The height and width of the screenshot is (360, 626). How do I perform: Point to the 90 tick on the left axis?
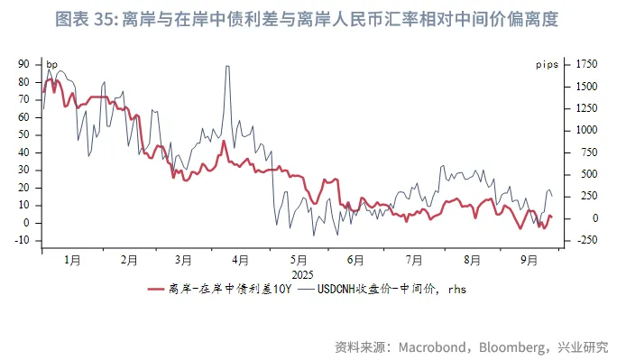click(24, 64)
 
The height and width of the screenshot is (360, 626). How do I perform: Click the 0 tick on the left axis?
click(28, 223)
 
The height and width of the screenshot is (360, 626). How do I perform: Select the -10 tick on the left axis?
click(23, 241)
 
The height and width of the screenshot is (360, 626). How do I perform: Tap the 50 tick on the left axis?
click(24, 134)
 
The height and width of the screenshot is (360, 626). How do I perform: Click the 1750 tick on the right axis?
click(587, 64)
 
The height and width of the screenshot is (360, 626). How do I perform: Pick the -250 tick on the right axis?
click(587, 241)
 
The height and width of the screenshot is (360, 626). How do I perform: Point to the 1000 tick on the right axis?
click(587, 130)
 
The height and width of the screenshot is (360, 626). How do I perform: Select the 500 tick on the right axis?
click(589, 174)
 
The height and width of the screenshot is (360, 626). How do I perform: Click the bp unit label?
click(51, 65)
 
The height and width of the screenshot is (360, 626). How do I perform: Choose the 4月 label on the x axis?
click(240, 260)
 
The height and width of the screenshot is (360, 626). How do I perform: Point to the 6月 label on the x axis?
click(354, 260)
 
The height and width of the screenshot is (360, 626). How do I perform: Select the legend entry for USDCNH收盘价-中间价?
click(378, 290)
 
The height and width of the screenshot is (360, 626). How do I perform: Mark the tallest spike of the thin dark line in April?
click(226, 67)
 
